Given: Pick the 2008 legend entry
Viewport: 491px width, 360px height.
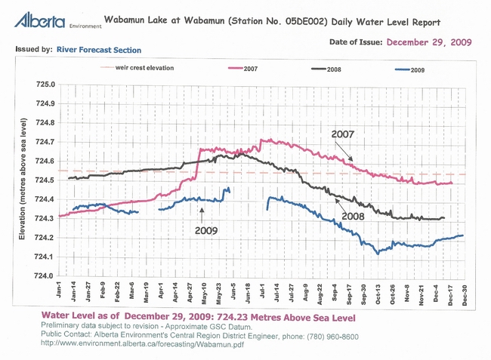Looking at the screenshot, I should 334,69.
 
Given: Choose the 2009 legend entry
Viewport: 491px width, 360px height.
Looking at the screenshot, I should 418,69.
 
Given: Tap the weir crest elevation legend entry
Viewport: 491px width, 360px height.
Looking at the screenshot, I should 147,68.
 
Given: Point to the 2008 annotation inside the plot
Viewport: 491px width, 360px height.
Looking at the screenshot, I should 353,216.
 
